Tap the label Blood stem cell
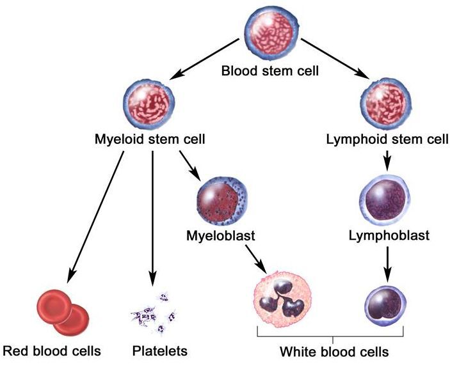pyautogui.click(x=270, y=70)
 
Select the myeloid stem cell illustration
pyautogui.click(x=149, y=104)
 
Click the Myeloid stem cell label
pyautogui.click(x=150, y=139)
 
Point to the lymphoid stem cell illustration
pyautogui.click(x=385, y=105)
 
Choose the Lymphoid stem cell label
pyautogui.click(x=387, y=139)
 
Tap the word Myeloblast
pyautogui.click(x=221, y=236)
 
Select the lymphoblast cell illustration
pyautogui.click(x=385, y=200)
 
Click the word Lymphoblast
pyautogui.click(x=389, y=236)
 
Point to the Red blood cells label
pyautogui.click(x=52, y=350)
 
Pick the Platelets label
pyautogui.click(x=159, y=350)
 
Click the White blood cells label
pyautogui.click(x=334, y=352)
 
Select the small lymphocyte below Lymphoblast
pyautogui.click(x=385, y=306)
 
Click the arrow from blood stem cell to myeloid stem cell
pyautogui.click(x=204, y=59)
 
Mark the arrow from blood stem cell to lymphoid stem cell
pyautogui.click(x=335, y=58)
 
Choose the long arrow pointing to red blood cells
pyautogui.click(x=95, y=217)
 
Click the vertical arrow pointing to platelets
pyautogui.click(x=152, y=219)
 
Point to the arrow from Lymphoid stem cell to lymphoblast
pyautogui.click(x=387, y=161)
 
